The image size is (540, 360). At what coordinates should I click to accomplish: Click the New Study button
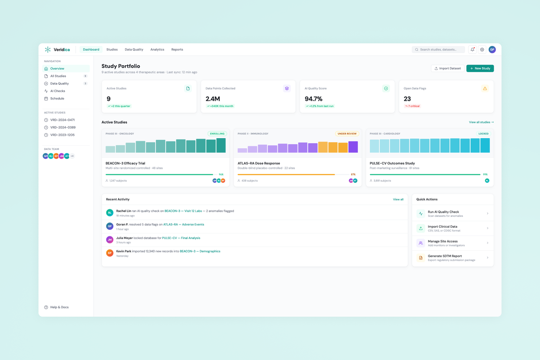480,68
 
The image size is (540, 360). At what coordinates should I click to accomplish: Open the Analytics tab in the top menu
157,49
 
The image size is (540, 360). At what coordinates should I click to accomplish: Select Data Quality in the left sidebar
59,84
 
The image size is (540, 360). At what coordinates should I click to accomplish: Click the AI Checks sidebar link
58,91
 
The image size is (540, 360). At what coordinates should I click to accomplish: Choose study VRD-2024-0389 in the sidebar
63,127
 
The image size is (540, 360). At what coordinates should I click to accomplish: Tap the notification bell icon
472,49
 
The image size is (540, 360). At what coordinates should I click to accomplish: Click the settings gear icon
482,49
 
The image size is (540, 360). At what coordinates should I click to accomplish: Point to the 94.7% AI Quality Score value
314,99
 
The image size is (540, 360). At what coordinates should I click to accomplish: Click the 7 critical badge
412,106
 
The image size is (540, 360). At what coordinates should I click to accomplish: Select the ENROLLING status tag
217,134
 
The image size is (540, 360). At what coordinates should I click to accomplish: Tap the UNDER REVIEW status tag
346,134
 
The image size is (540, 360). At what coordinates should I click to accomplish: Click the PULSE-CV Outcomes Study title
392,163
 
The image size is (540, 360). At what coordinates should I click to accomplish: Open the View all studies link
481,122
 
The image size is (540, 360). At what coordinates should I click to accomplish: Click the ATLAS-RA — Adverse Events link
184,225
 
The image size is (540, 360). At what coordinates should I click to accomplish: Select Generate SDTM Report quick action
445,256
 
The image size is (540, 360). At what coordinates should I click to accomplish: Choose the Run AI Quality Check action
443,212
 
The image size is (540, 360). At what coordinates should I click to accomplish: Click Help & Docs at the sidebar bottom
59,307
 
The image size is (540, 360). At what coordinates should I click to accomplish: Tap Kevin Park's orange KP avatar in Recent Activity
109,253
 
